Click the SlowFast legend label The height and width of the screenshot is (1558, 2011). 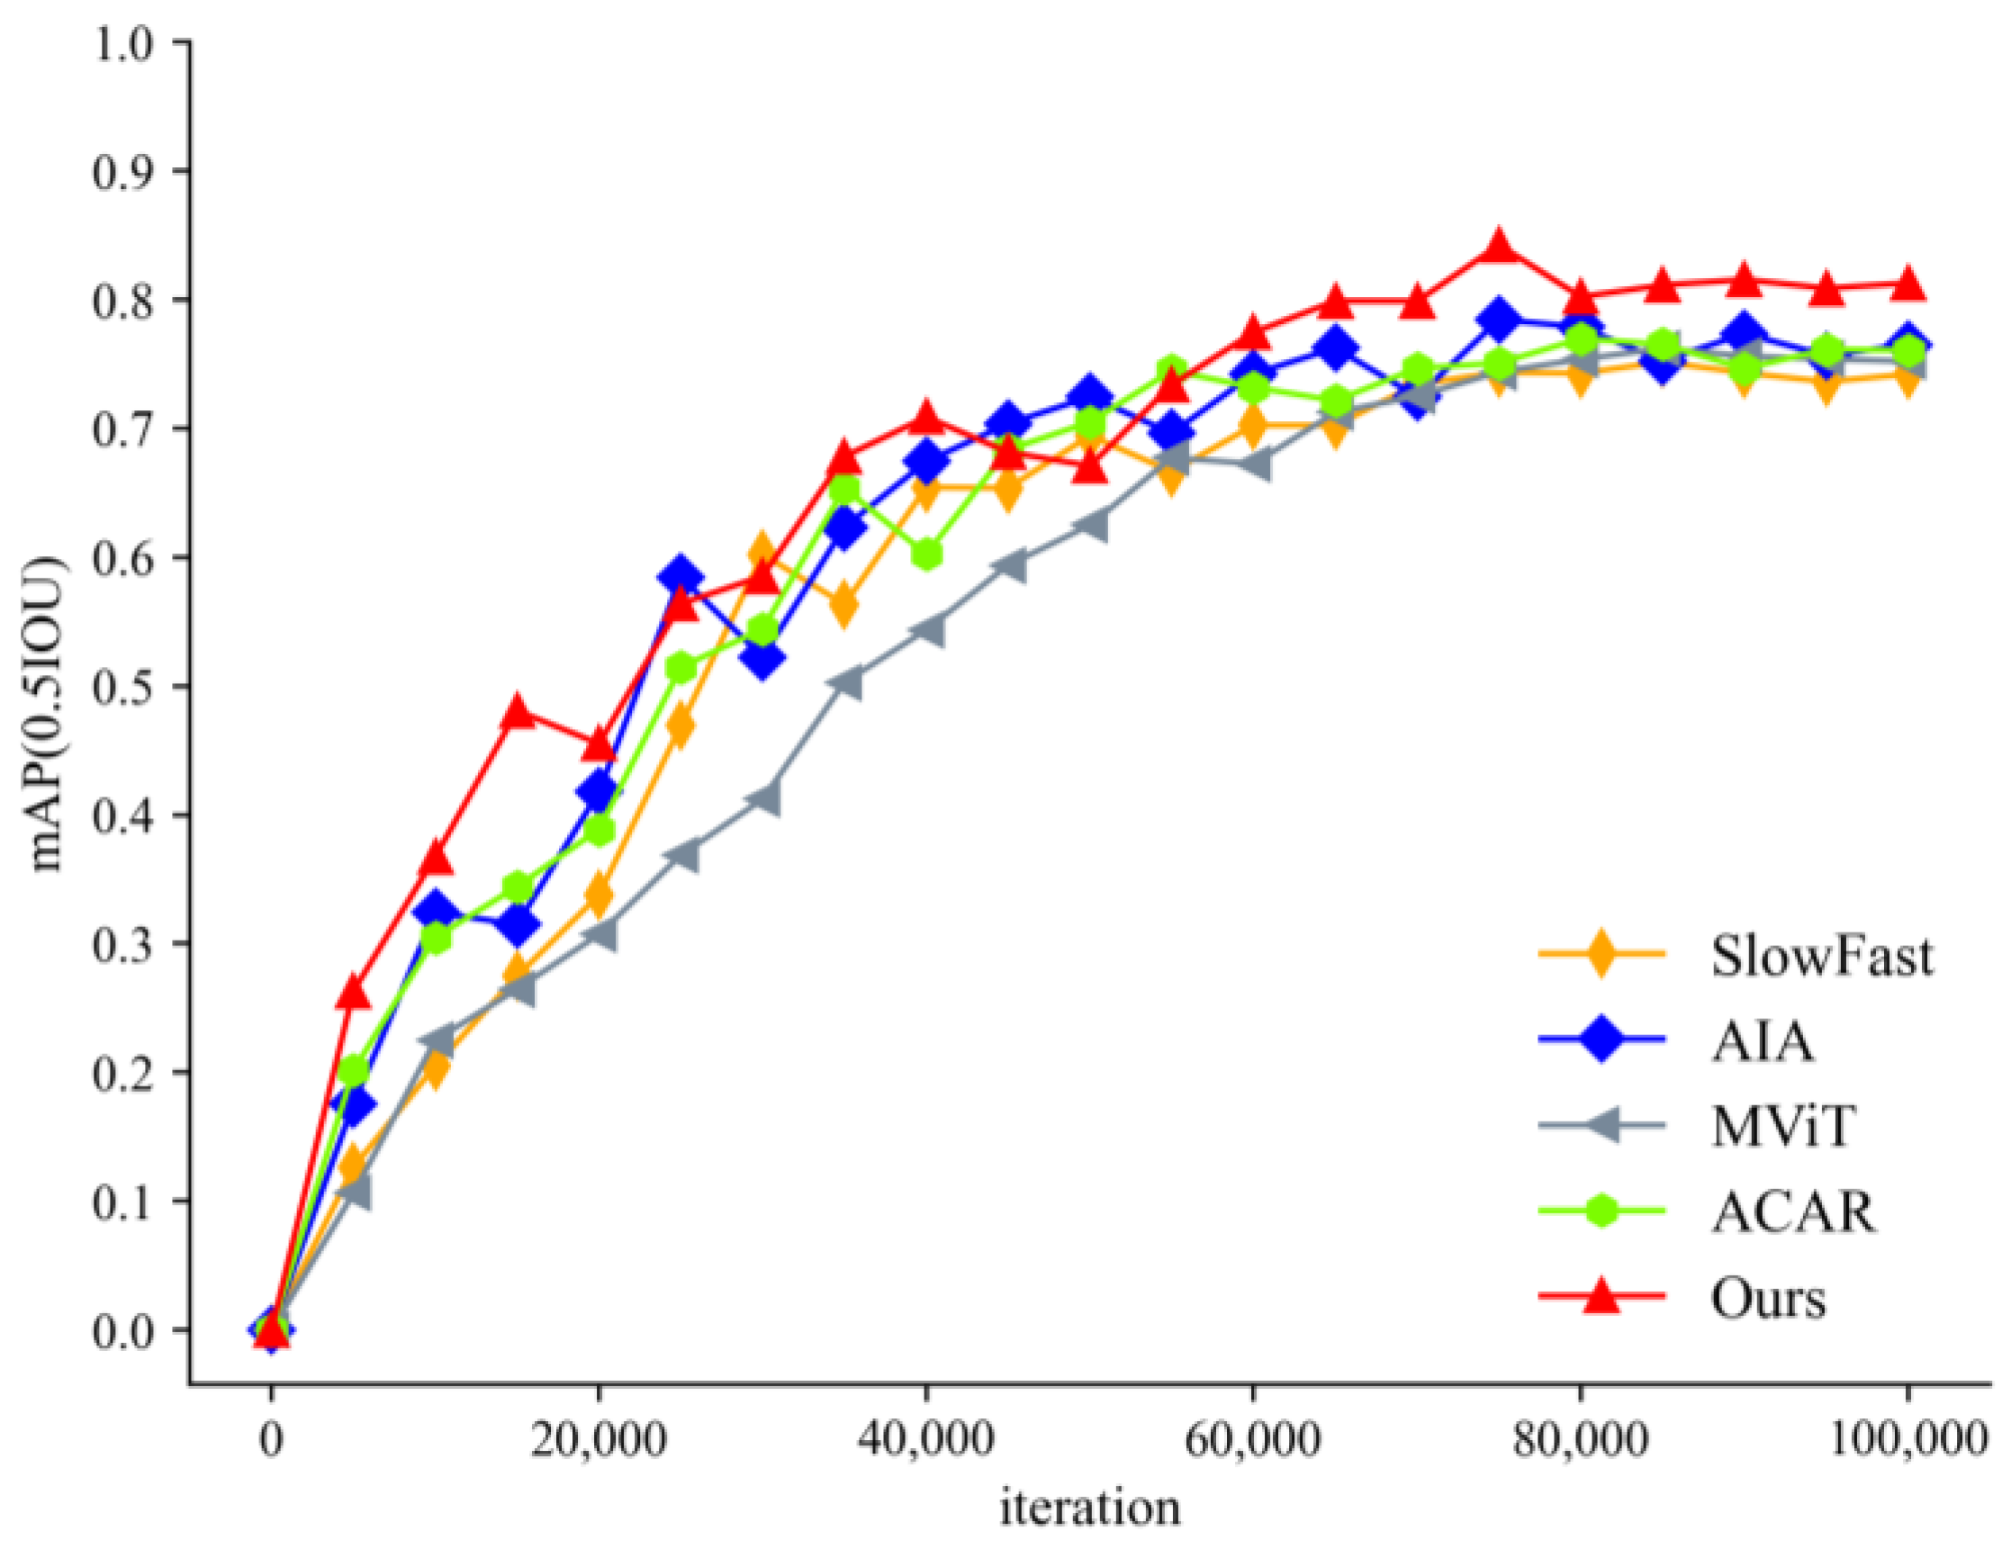[1821, 957]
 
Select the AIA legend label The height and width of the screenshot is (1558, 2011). [1763, 1042]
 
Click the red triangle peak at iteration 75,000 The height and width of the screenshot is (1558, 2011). [1499, 247]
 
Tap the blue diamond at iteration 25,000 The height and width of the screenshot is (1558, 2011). [681, 575]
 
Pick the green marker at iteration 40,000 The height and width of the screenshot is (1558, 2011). [926, 554]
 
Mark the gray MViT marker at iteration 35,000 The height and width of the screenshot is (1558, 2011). [844, 682]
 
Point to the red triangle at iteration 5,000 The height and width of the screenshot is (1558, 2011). [354, 992]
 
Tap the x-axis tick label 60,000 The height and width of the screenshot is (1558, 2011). [1252, 1439]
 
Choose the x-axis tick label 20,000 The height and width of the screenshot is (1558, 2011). [599, 1439]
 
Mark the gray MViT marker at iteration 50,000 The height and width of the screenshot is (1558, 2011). [1090, 525]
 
